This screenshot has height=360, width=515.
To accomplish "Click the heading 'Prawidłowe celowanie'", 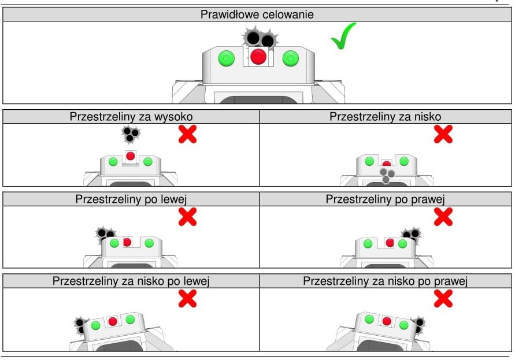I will (x=257, y=14).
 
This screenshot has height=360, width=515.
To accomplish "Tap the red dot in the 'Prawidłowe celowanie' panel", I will (x=258, y=57).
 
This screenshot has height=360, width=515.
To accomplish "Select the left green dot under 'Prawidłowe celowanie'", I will (x=225, y=58).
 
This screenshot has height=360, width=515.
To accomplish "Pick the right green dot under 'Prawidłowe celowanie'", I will (x=290, y=58).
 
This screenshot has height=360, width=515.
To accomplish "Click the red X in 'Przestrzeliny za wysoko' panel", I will (x=187, y=134).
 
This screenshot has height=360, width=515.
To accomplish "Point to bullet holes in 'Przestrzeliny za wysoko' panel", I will (x=131, y=135).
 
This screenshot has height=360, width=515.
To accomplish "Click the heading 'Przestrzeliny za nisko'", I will (x=385, y=116).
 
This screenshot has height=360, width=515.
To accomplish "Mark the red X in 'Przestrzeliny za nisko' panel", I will (x=443, y=134).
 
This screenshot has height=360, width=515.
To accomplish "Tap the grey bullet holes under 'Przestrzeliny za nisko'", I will (x=387, y=176).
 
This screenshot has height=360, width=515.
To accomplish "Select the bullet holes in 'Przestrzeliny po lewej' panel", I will (x=105, y=235).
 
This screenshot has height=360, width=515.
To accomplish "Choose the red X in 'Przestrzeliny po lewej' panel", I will (x=187, y=217).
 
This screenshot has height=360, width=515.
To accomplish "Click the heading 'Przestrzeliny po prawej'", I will (x=385, y=199).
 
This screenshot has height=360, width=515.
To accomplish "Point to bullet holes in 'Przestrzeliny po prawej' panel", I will (x=412, y=234).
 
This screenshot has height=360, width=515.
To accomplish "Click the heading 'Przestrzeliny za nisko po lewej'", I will (x=130, y=282).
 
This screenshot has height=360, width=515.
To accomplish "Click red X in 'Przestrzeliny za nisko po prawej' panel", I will (x=443, y=299).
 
